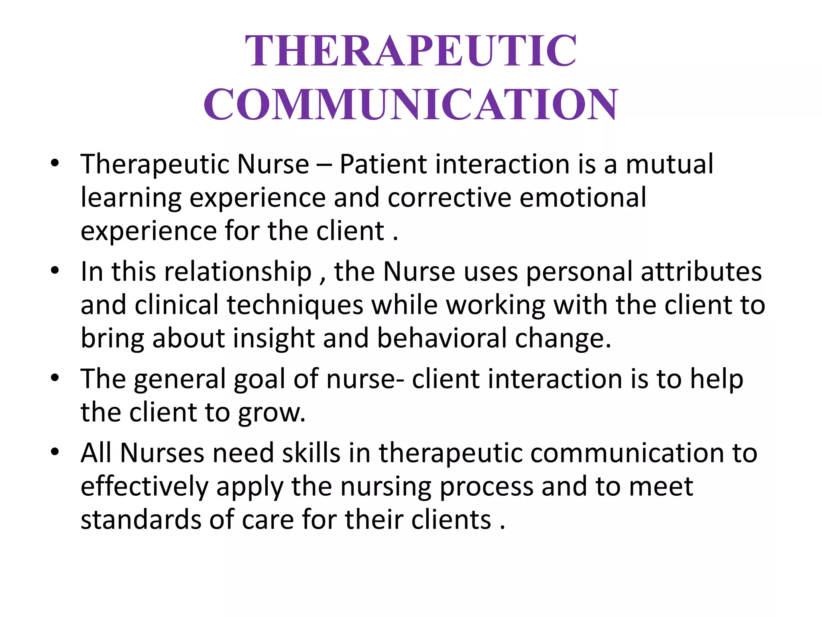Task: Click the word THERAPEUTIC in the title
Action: [x=411, y=51]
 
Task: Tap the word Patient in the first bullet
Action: [x=383, y=164]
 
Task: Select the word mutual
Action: [x=669, y=164]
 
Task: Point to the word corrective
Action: [x=450, y=198]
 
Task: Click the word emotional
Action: [x=583, y=198]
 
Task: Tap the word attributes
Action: [x=701, y=272]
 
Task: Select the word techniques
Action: [x=295, y=305]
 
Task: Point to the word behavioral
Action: [x=442, y=339]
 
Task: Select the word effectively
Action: [x=144, y=487]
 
